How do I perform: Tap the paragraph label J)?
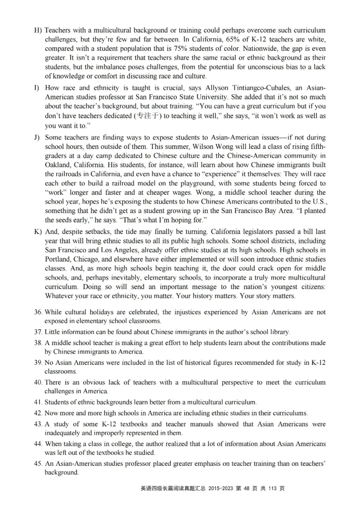[x=37, y=137]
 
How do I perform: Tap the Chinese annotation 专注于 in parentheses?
[x=148, y=115]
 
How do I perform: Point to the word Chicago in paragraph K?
[x=89, y=259]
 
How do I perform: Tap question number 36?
[x=38, y=312]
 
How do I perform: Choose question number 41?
[x=38, y=402]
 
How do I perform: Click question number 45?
[x=38, y=464]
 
